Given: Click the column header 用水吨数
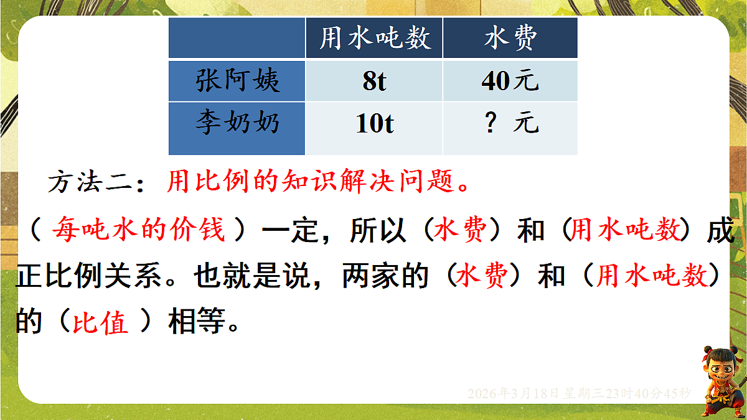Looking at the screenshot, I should [374, 39].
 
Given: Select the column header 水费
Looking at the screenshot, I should [510, 39].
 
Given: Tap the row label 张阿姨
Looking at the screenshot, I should [237, 81].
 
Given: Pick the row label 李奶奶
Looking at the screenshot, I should [237, 123].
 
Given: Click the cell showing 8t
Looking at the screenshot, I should [374, 82].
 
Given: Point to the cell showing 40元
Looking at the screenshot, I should [510, 82].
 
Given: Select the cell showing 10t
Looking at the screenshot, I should [374, 124].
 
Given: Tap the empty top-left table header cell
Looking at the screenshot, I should [237, 39].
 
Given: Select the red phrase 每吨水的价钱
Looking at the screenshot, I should [138, 230].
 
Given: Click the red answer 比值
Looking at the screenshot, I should [100, 324].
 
